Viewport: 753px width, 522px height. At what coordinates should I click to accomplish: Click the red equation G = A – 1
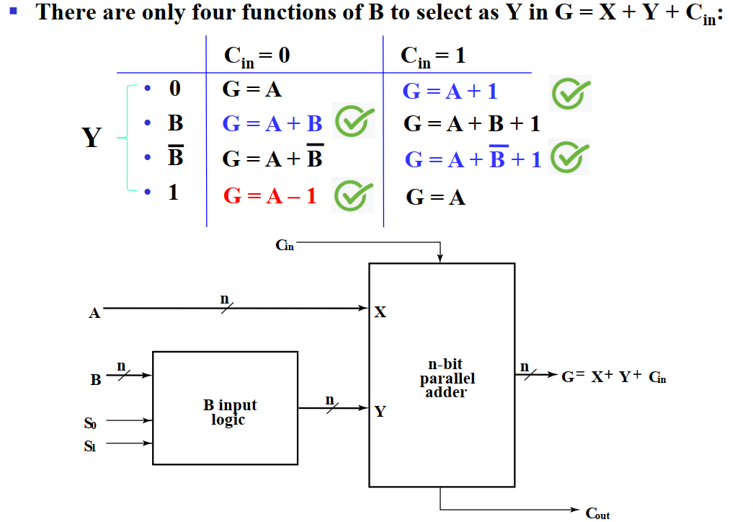(269, 195)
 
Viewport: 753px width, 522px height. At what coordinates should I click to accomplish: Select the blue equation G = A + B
(272, 123)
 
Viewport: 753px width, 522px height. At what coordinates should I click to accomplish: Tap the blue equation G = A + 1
(450, 92)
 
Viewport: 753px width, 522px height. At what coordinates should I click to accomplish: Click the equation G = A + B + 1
(472, 124)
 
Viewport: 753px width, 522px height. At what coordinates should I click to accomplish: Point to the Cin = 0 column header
(257, 56)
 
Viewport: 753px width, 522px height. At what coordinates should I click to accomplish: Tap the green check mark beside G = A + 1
(571, 93)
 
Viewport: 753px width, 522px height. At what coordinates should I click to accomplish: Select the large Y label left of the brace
(92, 137)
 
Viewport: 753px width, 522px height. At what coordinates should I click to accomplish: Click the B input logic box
(226, 408)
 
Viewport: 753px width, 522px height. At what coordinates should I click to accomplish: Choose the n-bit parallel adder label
(447, 379)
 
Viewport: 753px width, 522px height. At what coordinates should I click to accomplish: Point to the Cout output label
(597, 513)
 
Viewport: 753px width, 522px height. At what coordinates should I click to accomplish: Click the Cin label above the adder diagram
(285, 246)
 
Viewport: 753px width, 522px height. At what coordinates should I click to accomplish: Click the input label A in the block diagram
(94, 313)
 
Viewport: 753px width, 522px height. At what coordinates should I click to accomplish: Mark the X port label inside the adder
(380, 312)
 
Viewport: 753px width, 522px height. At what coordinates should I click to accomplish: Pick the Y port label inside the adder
(380, 412)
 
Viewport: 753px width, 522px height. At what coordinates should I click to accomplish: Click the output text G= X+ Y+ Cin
(614, 376)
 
